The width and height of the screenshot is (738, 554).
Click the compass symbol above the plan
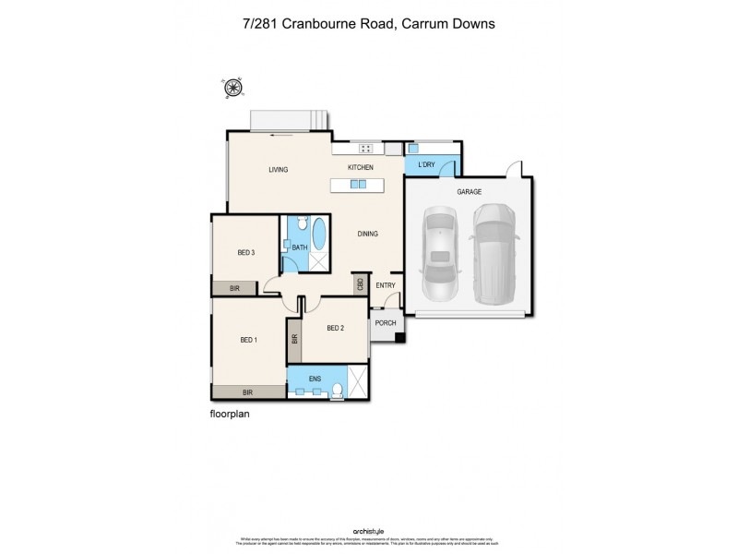tap(232, 88)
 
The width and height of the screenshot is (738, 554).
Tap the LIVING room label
tap(279, 170)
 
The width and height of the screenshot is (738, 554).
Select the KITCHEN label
tap(360, 167)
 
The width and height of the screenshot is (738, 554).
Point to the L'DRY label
tap(425, 164)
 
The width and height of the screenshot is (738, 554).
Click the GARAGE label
tap(469, 192)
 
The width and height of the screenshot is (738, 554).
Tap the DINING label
tap(368, 234)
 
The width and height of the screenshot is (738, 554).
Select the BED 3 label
tap(245, 252)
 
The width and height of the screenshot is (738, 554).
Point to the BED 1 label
tap(248, 340)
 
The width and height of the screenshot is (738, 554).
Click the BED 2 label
tap(336, 328)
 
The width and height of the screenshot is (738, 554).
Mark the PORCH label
tap(385, 323)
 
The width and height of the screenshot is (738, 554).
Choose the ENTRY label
tap(385, 285)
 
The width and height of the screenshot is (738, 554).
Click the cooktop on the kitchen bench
tap(365, 148)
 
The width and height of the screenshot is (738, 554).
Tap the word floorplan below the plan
tap(231, 415)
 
